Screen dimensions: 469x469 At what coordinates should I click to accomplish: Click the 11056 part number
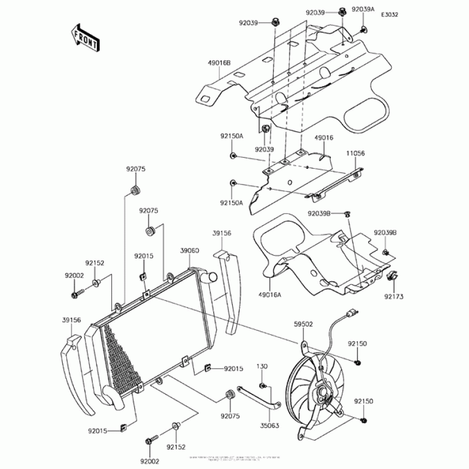pos(355,153)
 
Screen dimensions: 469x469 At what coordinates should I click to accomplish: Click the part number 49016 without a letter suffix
pos(307,138)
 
